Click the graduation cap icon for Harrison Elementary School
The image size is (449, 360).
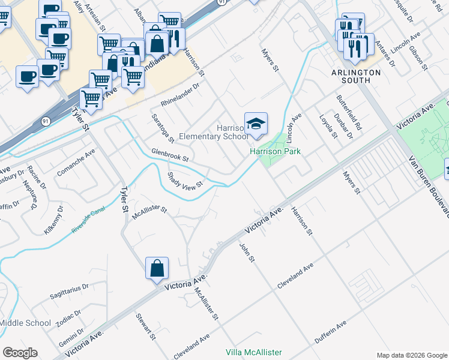(256, 124)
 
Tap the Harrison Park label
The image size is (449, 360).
(275, 152)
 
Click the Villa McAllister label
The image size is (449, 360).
(253, 352)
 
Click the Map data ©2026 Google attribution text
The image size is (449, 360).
(411, 355)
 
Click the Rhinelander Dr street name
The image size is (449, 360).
(179, 92)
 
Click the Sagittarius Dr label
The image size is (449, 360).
(69, 292)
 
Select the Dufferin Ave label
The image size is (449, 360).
(331, 332)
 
